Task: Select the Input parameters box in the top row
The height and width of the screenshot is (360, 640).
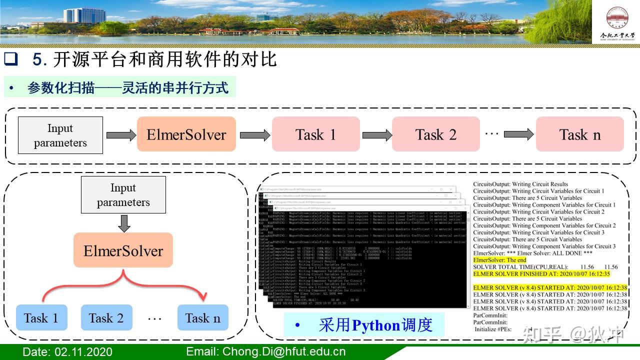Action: coord(60,135)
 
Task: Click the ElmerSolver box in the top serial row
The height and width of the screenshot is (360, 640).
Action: coord(186,134)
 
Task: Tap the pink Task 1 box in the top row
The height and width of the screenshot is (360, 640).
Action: coord(315,134)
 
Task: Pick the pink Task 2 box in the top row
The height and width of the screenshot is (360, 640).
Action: coord(435,134)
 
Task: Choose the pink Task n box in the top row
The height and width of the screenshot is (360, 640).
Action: coord(579,134)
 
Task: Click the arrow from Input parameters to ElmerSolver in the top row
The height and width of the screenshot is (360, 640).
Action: coord(120,135)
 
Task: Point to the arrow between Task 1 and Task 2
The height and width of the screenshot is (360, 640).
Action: coord(376,135)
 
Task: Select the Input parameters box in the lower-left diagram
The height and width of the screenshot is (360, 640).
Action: coord(123,195)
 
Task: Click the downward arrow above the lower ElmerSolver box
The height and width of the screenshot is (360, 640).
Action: coord(123,223)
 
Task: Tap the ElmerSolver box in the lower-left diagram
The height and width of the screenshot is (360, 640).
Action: coord(123,250)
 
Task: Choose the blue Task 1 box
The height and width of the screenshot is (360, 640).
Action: coord(41,318)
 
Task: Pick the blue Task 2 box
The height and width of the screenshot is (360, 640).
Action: coord(106,318)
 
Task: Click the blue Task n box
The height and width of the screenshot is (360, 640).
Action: coord(202,318)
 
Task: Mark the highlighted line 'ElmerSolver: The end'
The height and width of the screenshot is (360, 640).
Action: coord(499,260)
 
